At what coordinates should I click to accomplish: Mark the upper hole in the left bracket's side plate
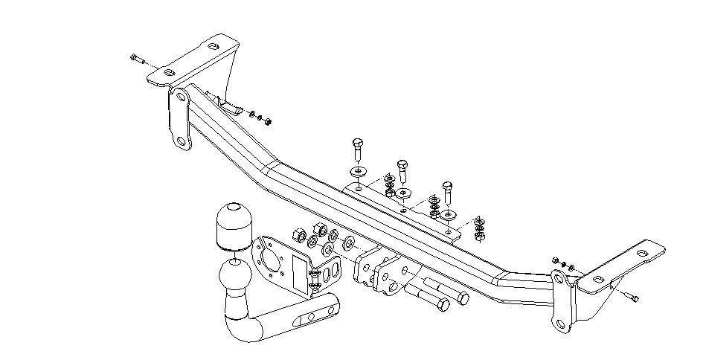tap(181, 97)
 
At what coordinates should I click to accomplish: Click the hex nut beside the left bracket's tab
tap(268, 120)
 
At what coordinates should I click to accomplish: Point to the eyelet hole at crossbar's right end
tap(558, 278)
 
